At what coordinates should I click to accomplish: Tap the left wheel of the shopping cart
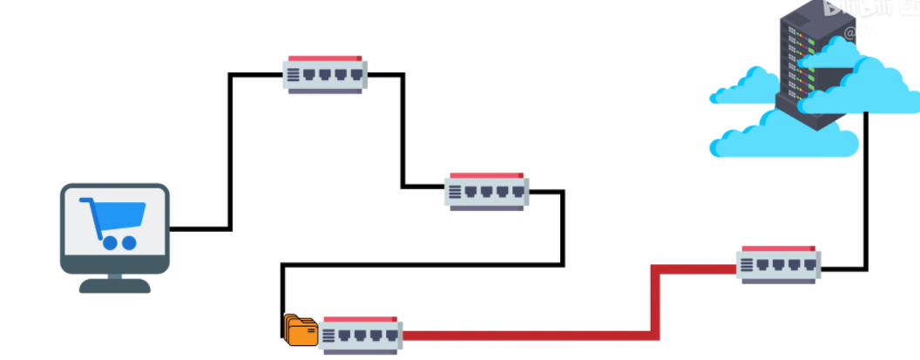click(x=110, y=243)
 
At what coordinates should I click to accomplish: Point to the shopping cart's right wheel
click(x=129, y=243)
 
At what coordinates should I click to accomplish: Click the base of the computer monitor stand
click(x=114, y=285)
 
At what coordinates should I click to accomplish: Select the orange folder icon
click(x=301, y=330)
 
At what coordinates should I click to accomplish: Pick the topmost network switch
click(x=325, y=75)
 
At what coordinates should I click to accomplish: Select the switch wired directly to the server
click(x=778, y=264)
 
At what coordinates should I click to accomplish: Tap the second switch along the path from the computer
click(x=486, y=191)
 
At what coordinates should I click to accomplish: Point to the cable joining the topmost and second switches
click(x=403, y=131)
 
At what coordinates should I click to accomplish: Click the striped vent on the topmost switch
click(x=294, y=75)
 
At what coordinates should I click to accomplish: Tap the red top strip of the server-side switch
click(x=778, y=249)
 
